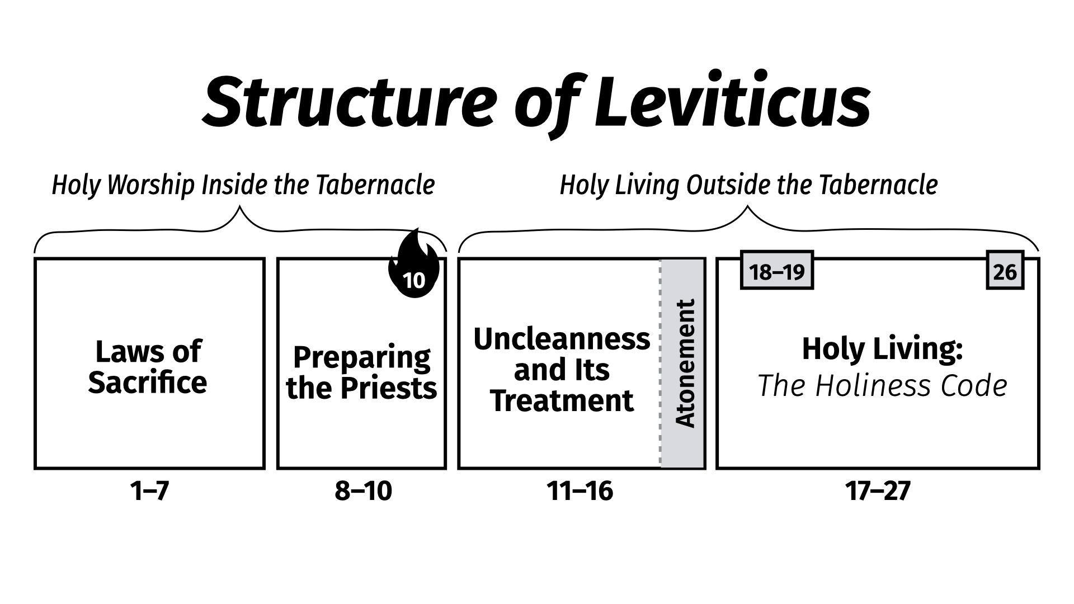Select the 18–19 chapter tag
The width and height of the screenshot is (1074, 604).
[x=776, y=272]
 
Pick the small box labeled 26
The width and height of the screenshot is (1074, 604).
[x=1005, y=272]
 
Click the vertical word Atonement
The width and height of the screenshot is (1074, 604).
[x=685, y=364]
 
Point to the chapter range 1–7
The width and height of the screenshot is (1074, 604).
[x=149, y=491]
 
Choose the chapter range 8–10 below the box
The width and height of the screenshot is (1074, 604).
[x=363, y=491]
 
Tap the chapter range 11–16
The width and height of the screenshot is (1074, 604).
[x=580, y=491]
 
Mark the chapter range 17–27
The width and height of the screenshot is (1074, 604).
[x=878, y=491]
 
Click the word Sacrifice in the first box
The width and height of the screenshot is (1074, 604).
[x=148, y=383]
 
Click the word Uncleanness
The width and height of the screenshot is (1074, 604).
[x=562, y=339]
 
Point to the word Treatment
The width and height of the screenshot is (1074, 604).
[x=562, y=400]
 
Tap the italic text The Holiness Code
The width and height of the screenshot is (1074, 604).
[x=882, y=385]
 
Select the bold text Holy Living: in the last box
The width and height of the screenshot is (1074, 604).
[x=882, y=348]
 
